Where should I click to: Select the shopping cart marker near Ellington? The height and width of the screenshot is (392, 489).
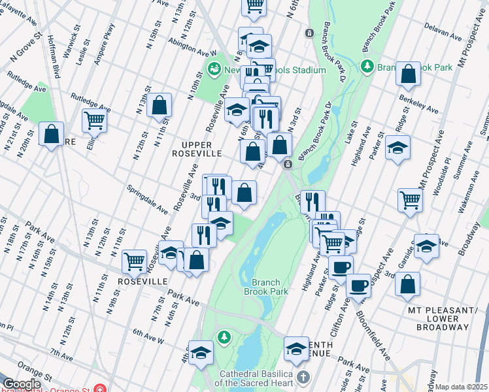point(94,120)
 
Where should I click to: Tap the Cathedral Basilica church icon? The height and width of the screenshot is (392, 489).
point(303,377)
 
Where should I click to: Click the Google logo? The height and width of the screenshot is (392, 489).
point(21,384)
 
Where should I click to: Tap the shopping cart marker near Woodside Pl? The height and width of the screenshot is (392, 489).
point(411,199)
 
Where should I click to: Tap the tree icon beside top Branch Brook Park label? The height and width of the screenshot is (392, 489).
point(367,67)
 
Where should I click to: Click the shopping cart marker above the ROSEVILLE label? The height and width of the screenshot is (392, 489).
point(134,261)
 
